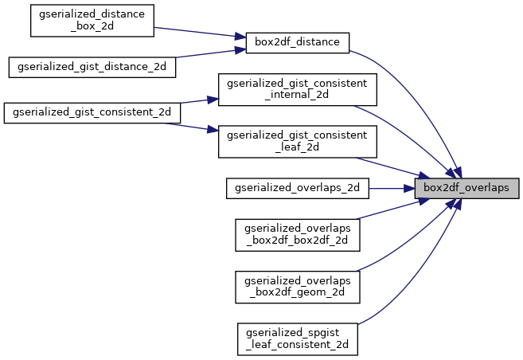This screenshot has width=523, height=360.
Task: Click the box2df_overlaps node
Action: [x=466, y=188]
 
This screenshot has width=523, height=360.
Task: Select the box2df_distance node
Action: [x=297, y=42]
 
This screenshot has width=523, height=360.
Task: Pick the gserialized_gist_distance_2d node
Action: [x=92, y=66]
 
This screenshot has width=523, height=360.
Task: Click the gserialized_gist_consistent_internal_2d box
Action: [x=297, y=89]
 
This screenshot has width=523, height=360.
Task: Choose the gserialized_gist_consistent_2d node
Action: [x=92, y=112]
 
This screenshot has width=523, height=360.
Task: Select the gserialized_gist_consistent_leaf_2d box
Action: [x=297, y=141]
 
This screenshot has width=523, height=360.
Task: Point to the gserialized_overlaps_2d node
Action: [x=297, y=188]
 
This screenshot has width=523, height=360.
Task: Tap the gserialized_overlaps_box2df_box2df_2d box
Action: [x=297, y=234]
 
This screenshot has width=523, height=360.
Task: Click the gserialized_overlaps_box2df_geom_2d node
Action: [x=297, y=287]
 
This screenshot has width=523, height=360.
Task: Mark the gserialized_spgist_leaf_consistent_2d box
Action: [x=297, y=338]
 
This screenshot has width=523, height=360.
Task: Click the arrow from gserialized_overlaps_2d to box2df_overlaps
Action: [x=390, y=188]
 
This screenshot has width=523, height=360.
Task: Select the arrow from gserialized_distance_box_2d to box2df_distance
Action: [x=199, y=33]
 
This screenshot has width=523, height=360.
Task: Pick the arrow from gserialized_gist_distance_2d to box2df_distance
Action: [x=207, y=55]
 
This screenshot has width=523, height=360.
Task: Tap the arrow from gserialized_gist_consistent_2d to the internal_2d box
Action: [x=199, y=102]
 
